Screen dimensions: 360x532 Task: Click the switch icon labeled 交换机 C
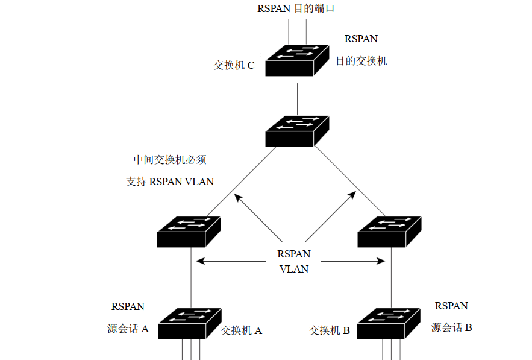pos(297,60)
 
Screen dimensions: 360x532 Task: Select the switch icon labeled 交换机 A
pos(189,323)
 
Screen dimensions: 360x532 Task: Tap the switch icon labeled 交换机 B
pos(389,323)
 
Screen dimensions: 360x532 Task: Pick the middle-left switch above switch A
pos(189,231)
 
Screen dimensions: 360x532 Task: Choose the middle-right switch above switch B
pos(389,231)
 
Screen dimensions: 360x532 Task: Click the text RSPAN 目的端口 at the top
pos(295,8)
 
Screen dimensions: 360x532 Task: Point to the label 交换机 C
pos(234,65)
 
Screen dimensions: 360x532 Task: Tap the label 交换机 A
pos(241,330)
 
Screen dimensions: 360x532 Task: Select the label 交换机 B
pos(330,330)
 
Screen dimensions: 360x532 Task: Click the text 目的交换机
pos(361,60)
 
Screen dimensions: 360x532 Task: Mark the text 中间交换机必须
pos(170,160)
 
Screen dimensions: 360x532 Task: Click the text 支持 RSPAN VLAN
pos(170,181)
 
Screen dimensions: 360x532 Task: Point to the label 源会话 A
pos(128,329)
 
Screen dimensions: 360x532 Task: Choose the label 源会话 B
pos(451,327)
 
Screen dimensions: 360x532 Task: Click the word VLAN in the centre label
pos(294,269)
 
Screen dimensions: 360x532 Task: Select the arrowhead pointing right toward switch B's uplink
pos(381,261)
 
